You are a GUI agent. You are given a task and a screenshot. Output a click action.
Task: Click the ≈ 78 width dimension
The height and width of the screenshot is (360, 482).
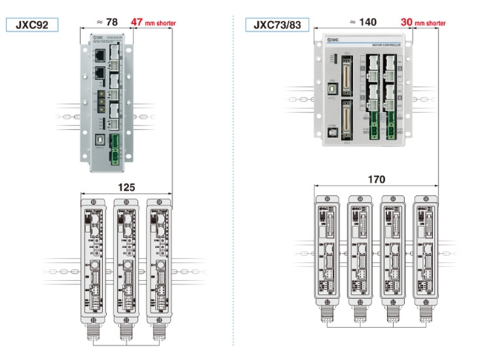[x=107, y=22]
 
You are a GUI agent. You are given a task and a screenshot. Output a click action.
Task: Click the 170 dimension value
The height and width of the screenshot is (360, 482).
[x=376, y=179]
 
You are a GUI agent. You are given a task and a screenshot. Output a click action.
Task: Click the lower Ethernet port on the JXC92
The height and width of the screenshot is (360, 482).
[x=98, y=74]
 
